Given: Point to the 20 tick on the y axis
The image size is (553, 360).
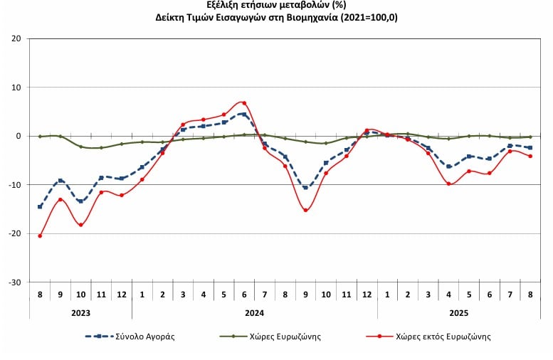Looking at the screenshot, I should click(x=16, y=38).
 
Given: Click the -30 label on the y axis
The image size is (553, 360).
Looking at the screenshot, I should click(x=15, y=282).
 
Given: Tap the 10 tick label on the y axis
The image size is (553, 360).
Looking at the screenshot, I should click(x=16, y=88).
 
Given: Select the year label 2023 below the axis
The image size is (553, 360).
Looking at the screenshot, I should click(x=80, y=312).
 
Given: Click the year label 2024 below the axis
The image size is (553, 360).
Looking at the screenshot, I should click(x=254, y=312).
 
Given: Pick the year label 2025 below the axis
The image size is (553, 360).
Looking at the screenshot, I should click(x=459, y=312).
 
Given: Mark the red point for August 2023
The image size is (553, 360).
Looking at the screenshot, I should click(x=40, y=235).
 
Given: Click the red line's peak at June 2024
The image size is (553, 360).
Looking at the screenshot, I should click(x=244, y=103).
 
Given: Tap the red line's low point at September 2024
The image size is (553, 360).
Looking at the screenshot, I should click(x=305, y=210).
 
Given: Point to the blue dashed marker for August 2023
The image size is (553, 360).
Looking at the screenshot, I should click(x=40, y=207).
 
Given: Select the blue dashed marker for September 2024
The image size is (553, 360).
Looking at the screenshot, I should click(x=305, y=187).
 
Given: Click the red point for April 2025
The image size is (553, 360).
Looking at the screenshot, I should click(x=448, y=184).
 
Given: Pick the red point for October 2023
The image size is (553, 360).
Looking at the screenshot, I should click(x=80, y=225).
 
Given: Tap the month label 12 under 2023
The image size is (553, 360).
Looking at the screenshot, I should click(x=122, y=292).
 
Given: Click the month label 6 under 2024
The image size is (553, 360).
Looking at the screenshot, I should click(x=244, y=292).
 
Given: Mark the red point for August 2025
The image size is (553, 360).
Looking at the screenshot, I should click(x=530, y=157).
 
